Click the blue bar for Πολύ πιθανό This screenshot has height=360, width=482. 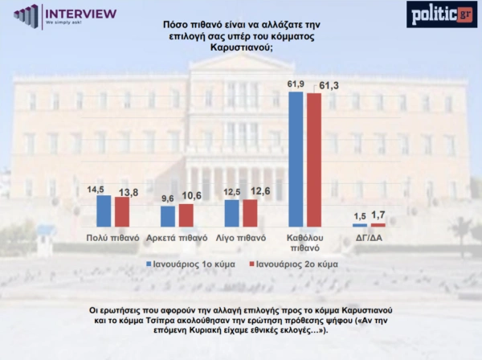104,211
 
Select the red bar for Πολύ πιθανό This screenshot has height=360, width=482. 121,212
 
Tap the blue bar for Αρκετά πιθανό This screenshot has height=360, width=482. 168,217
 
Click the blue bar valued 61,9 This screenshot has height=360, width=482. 296,160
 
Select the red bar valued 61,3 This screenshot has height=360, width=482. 313,161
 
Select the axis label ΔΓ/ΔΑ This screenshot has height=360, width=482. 369,239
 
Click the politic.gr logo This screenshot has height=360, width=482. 441,14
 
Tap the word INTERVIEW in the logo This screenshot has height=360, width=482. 80,14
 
